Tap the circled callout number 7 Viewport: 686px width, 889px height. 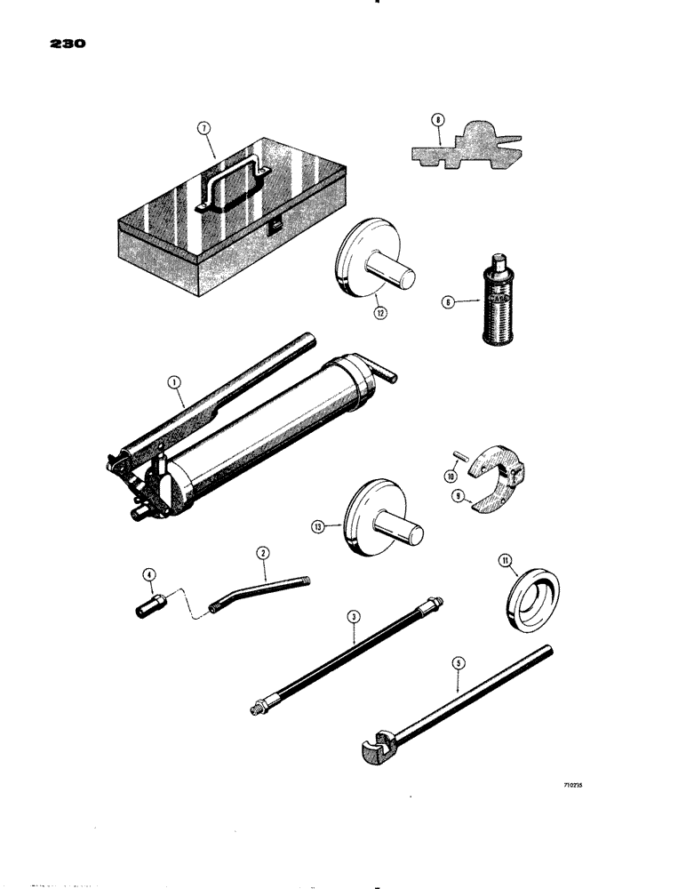pos(204,129)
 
